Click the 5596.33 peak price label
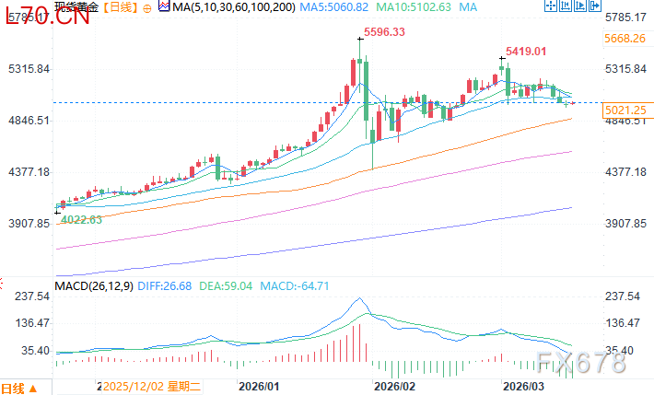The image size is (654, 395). (x=386, y=31)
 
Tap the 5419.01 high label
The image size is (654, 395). (x=526, y=51)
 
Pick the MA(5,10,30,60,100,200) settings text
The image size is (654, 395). (x=220, y=7)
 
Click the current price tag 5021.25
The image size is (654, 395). (x=625, y=110)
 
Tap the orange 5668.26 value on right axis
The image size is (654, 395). (x=625, y=39)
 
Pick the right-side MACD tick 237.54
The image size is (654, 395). (x=622, y=296)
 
